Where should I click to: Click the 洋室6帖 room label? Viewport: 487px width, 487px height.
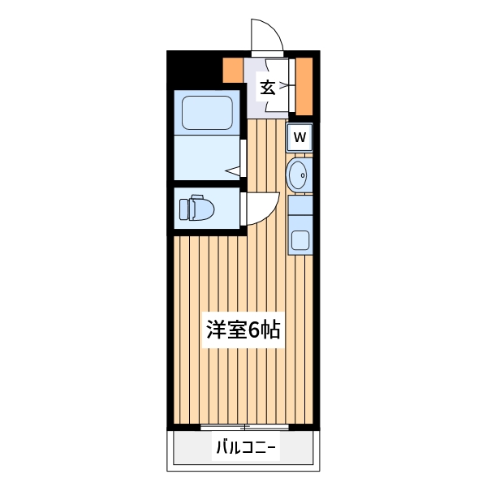click(243, 330)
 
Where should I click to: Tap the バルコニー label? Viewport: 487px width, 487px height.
click(245, 447)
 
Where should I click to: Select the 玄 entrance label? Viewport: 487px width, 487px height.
click(266, 87)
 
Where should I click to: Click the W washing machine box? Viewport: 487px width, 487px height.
click(300, 137)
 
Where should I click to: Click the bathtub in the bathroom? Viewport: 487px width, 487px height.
click(207, 112)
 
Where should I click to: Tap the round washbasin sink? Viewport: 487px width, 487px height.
click(299, 174)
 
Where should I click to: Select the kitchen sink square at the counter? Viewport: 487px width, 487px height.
click(300, 240)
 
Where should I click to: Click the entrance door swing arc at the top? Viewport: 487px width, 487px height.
click(265, 35)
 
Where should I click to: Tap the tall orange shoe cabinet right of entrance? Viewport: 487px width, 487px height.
click(304, 86)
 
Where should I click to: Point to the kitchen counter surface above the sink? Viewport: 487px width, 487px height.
click(300, 207)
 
